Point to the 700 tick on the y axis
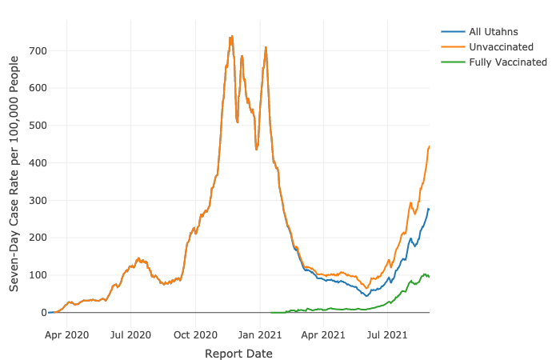tap(38, 50)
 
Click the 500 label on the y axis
tap(38, 126)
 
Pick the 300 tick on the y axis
tap(38, 200)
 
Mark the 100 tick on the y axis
tap(38, 275)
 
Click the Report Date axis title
tap(238, 353)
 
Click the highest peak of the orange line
tap(232, 36)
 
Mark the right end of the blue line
tap(429, 209)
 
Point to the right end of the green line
tap(429, 277)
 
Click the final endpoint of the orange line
tap(429, 146)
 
